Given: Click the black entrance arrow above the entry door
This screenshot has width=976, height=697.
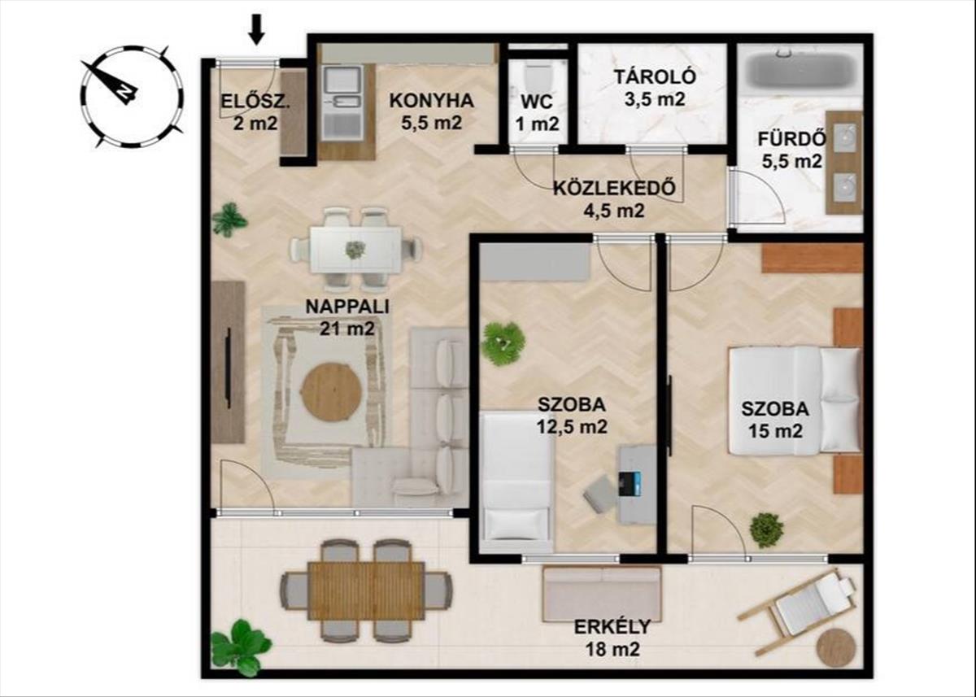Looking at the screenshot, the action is tap(257, 29).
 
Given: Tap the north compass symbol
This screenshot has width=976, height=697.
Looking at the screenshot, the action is tap(132, 96).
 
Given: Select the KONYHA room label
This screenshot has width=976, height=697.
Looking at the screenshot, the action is tap(431, 101).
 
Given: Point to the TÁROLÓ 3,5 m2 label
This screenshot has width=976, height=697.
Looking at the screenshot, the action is tap(656, 88).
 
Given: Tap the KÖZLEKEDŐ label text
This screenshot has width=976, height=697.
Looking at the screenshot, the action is tap(614, 188).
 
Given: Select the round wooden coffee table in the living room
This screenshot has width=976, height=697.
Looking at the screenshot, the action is tap(332, 392).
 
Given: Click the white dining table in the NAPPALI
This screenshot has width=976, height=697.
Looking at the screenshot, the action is tap(355, 250).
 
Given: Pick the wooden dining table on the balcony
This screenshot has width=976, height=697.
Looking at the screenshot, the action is tap(366, 590).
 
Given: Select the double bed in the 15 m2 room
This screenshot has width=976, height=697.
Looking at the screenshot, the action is tap(795, 401).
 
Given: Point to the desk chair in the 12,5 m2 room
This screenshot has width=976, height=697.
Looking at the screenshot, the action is tap(600, 494).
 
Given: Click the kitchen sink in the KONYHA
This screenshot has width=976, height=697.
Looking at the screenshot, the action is tap(343, 102).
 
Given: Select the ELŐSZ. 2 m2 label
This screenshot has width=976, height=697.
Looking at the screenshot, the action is tap(255, 112).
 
